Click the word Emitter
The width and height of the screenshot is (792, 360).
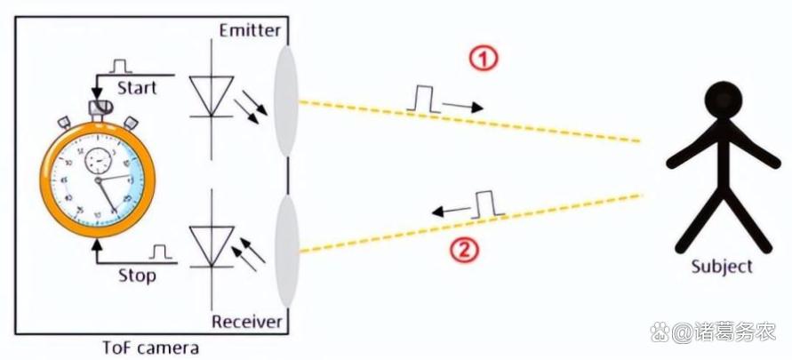pos(250,31)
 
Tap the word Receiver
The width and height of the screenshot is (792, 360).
pos(247,320)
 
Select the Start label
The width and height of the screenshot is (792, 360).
pos(137,88)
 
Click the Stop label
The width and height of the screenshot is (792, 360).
pos(137,276)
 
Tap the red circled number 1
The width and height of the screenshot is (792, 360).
pos(482,60)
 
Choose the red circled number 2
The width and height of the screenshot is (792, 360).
pos(464,251)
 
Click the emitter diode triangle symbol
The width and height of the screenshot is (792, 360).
pos(211,95)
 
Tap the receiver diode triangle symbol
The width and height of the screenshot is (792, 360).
pos(211,243)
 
